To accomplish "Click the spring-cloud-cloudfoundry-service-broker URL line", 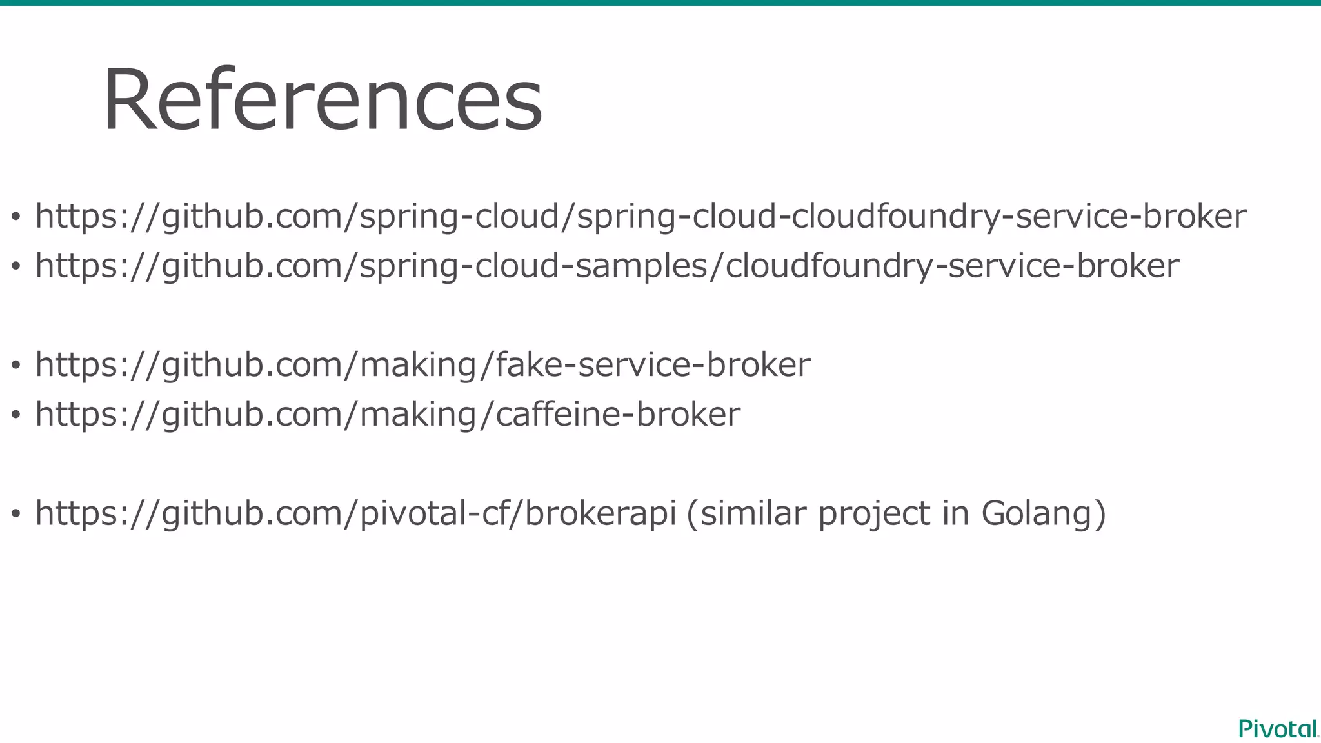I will click(641, 216).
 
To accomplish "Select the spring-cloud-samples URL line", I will click(606, 266).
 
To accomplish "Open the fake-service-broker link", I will click(422, 365).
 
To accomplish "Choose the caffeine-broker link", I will click(387, 414).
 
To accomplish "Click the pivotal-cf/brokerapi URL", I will click(355, 513).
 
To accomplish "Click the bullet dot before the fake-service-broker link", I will click(16, 366).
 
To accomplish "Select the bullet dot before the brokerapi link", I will click(16, 515).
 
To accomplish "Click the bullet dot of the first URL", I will click(16, 218).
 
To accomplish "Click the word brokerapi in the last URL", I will click(600, 513).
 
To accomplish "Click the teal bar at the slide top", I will click(660, 3).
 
